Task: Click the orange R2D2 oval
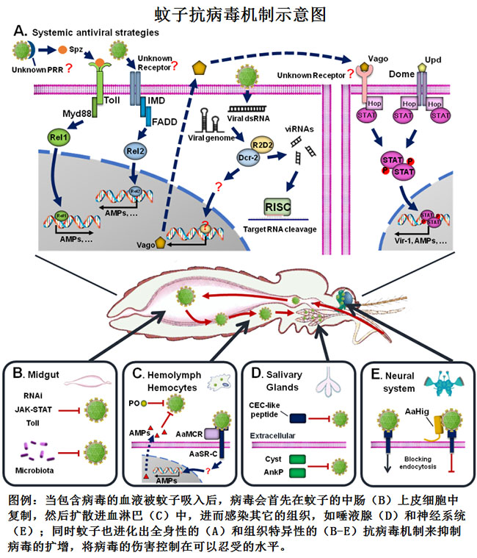[x=264, y=126]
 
